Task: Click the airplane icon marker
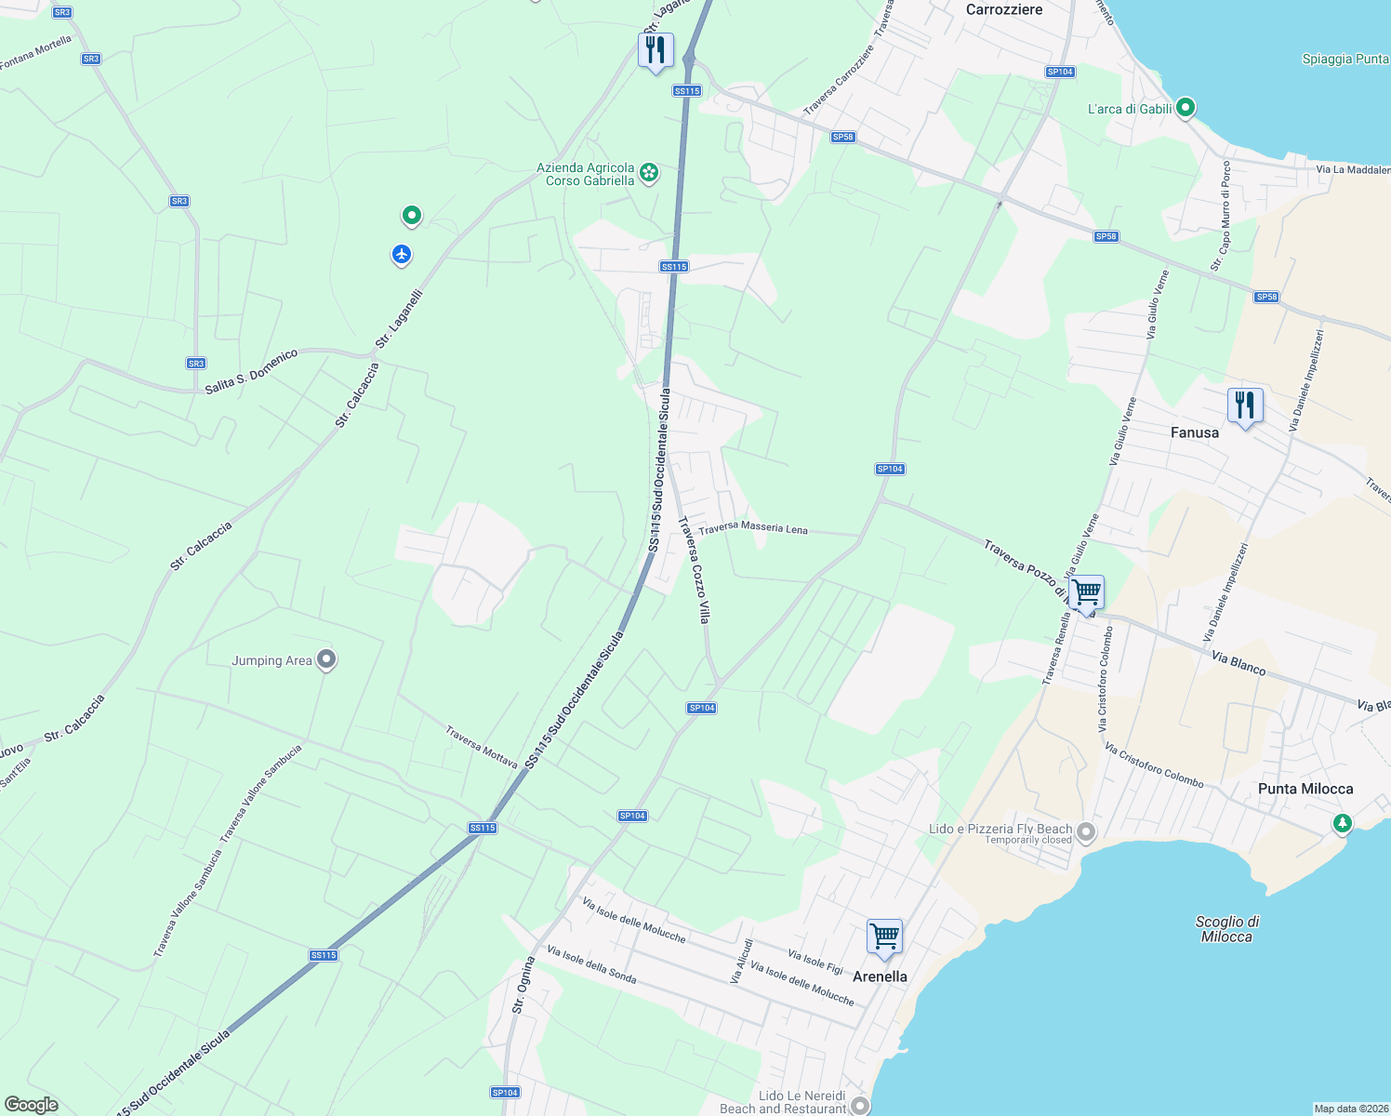tap(402, 254)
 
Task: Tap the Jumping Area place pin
tap(325, 659)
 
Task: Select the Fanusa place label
tap(1194, 432)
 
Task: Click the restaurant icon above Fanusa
tap(1244, 406)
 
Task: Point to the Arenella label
tap(880, 976)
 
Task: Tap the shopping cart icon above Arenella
tap(883, 937)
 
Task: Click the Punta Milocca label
tap(1305, 789)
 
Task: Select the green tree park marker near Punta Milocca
tap(1342, 823)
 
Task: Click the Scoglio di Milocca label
tap(1226, 929)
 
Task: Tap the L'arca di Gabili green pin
tap(1186, 108)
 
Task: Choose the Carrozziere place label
tap(1003, 9)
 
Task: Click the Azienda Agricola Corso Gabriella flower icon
tap(649, 172)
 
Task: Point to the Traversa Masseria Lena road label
tap(753, 528)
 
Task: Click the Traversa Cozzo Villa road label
tap(695, 570)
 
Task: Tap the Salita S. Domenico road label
tap(251, 371)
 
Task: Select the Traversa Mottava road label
tap(481, 747)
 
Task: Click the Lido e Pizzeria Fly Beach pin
tap(1086, 831)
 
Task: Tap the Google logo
tap(31, 1105)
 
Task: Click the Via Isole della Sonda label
tap(591, 964)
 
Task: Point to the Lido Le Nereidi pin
tap(860, 1105)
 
